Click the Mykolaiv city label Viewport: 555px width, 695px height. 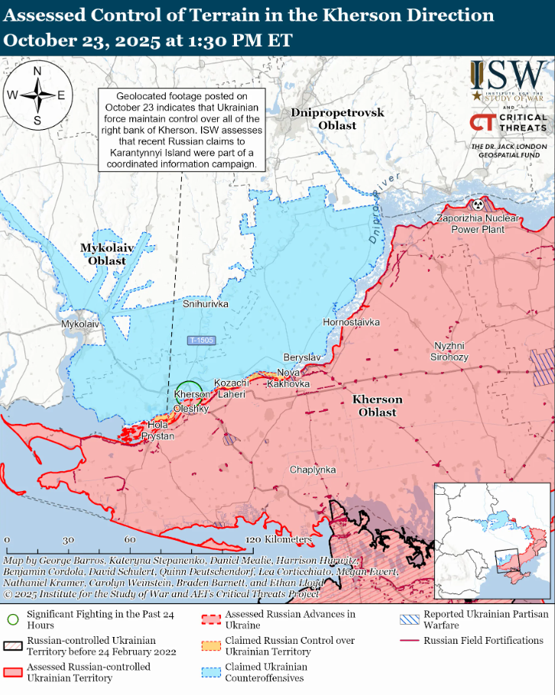coord(80,324)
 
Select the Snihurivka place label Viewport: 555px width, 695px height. coord(206,304)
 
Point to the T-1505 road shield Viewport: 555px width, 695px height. coord(202,340)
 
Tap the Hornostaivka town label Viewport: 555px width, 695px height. coord(351,322)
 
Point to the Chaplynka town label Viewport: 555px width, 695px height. coord(313,470)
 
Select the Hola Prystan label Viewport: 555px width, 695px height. coord(157,430)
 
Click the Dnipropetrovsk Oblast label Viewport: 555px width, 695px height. coord(337,119)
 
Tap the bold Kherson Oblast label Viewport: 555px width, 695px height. coord(377,406)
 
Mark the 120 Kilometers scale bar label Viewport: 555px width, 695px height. coord(279,540)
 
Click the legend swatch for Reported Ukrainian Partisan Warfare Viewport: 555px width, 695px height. coord(409,619)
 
